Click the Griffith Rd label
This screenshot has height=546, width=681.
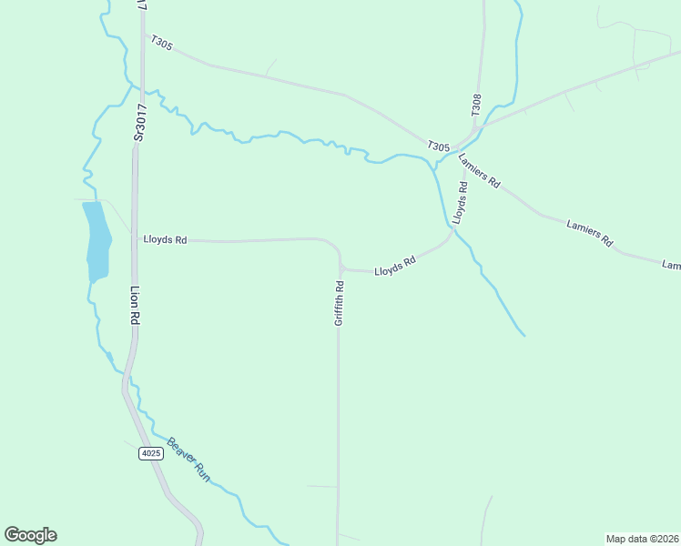[339, 302]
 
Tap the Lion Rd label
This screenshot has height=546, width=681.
[134, 306]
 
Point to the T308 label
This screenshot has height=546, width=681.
[476, 104]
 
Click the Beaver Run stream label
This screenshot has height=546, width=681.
[188, 460]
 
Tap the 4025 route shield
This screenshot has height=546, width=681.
[150, 453]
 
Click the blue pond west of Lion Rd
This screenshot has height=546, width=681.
[96, 241]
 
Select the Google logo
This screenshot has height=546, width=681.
[30, 535]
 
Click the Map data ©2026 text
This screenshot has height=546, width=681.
[642, 538]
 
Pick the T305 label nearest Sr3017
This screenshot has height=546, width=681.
[162, 43]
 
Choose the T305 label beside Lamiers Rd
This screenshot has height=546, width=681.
[438, 146]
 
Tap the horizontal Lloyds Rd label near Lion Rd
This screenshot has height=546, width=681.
[165, 240]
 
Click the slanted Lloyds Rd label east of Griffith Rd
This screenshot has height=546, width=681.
[395, 266]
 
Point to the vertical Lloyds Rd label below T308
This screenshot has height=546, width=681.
[461, 203]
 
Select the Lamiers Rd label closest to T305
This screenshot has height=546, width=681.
[480, 169]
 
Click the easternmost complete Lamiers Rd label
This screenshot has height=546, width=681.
[590, 234]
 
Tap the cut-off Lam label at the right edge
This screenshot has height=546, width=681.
[671, 266]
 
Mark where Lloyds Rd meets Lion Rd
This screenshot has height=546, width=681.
[135, 240]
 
